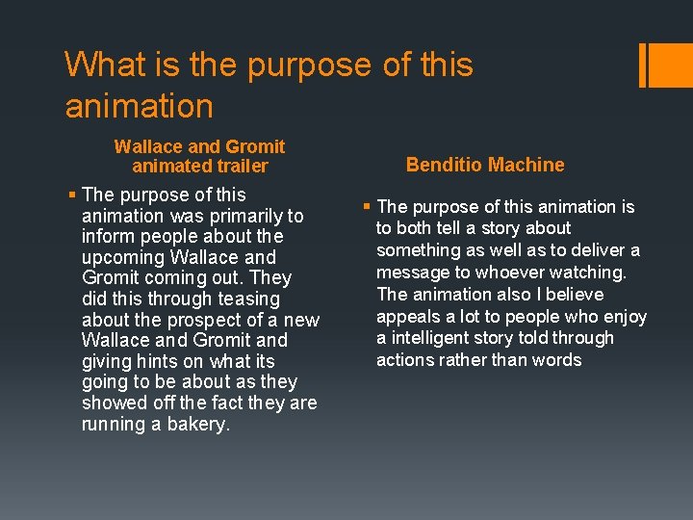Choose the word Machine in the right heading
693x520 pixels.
[525, 165]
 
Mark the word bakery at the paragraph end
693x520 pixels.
[198, 424]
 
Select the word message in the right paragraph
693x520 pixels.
[411, 273]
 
